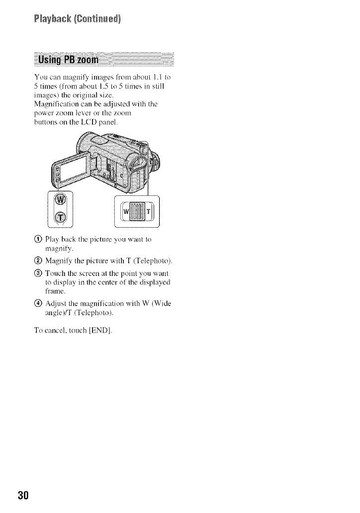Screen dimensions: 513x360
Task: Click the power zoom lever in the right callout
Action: (x=136, y=211)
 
